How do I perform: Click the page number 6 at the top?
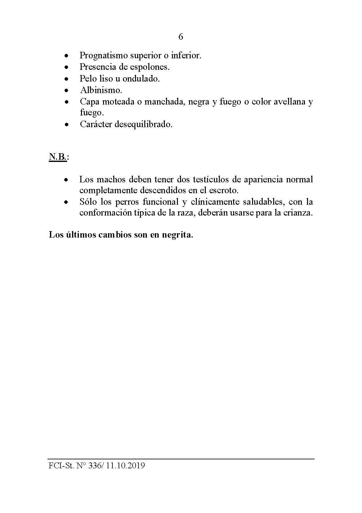click(181, 37)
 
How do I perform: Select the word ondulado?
click(141, 78)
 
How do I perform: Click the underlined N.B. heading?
click(57, 157)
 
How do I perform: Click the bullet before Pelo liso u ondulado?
click(66, 79)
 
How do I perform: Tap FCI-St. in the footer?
click(61, 466)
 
